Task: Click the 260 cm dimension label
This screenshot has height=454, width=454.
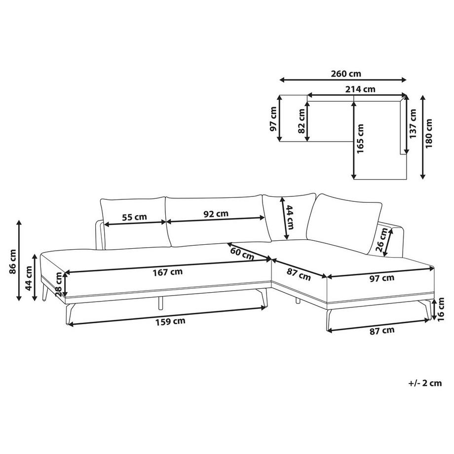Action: coord(345,74)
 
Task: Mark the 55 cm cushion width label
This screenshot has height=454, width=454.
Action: coord(134,217)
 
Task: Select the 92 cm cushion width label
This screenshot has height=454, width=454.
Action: coord(216,214)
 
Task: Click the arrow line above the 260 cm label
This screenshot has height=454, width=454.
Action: coord(342,80)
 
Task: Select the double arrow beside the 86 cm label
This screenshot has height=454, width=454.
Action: coord(19,260)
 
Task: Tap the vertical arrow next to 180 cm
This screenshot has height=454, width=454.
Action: coord(423,137)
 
